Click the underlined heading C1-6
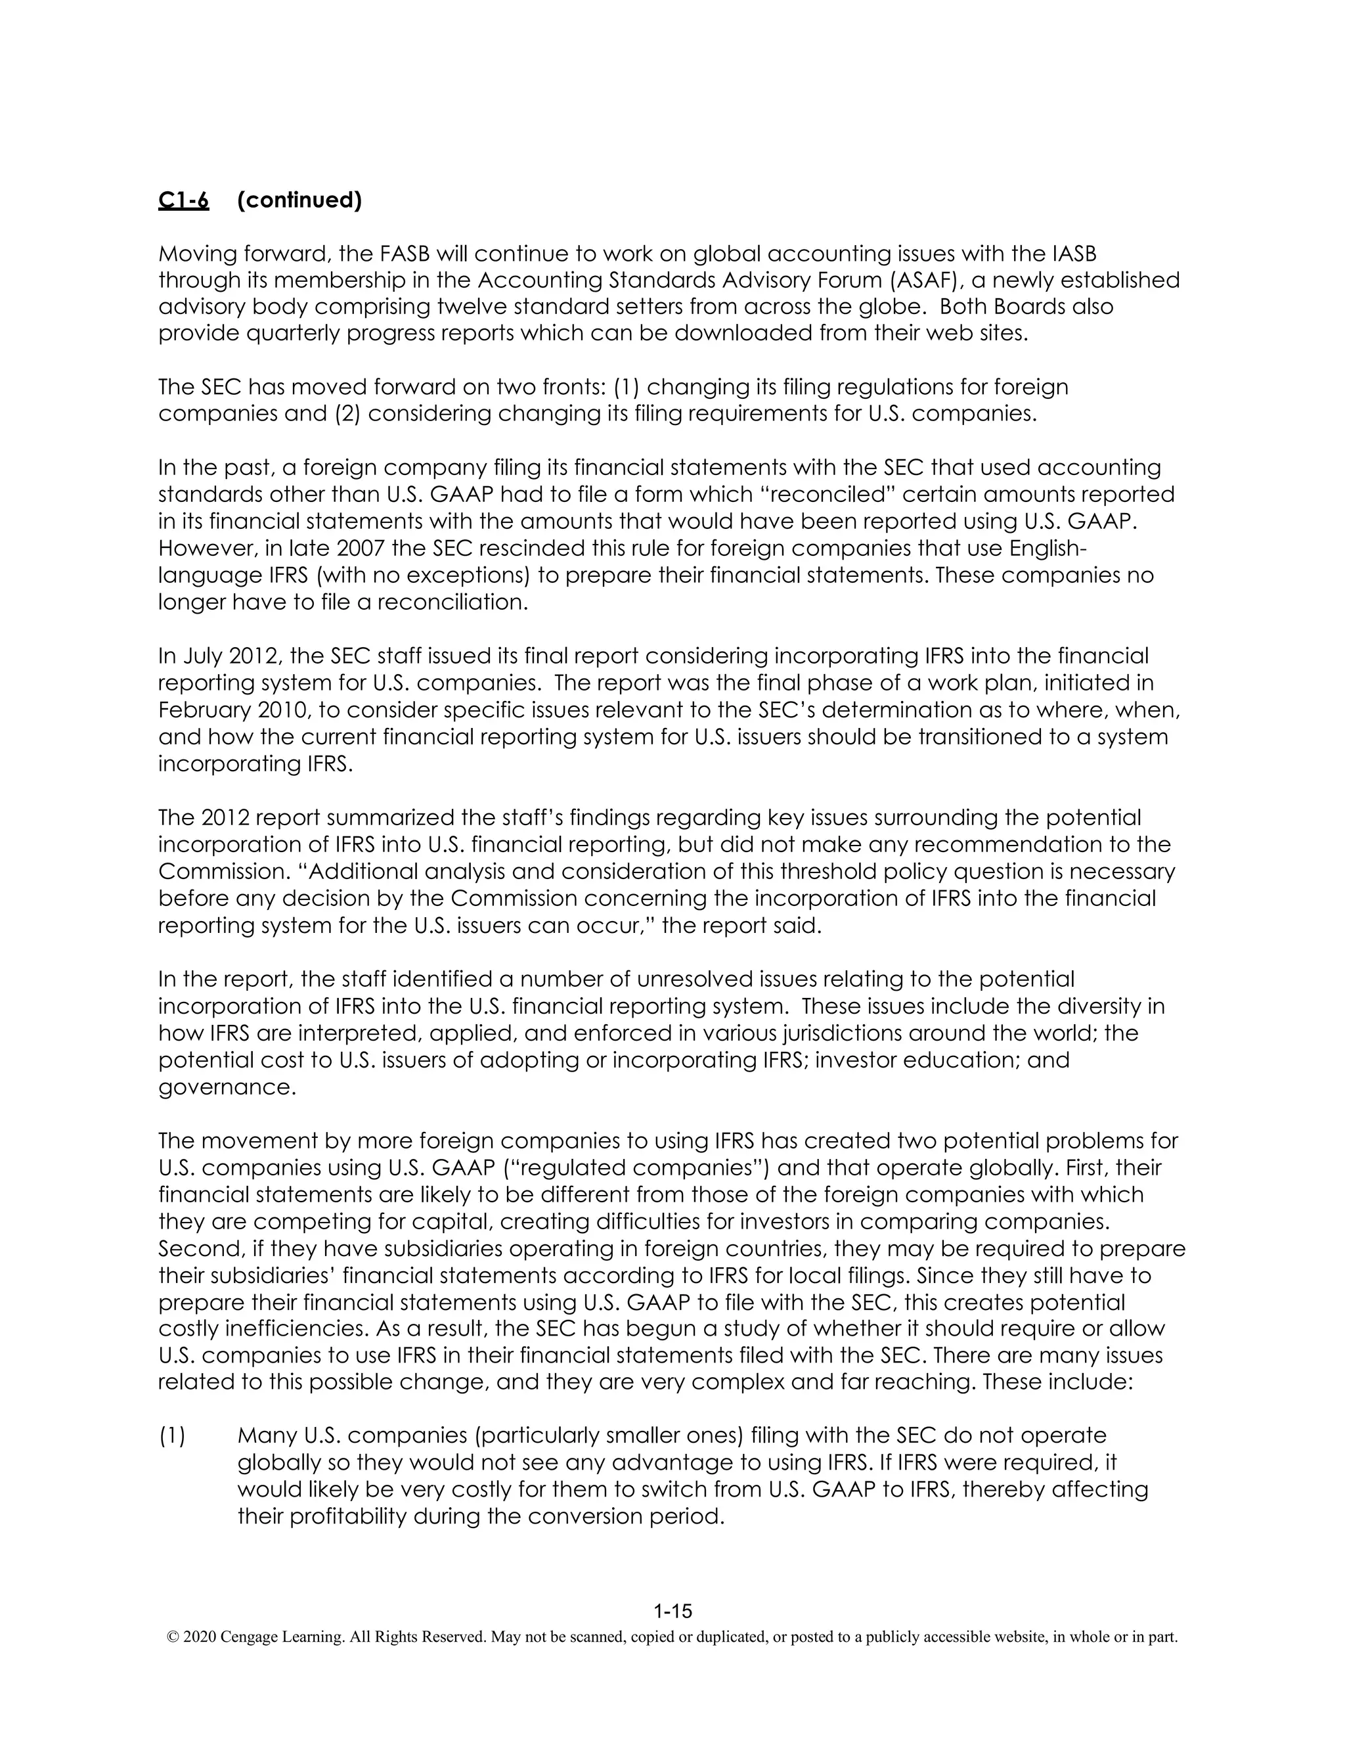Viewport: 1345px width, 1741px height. tap(183, 200)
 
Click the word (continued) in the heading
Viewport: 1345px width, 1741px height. tap(299, 200)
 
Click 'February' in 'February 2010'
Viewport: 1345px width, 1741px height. tap(203, 710)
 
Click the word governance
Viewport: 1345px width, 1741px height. tap(227, 1087)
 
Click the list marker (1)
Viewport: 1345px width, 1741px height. tap(172, 1436)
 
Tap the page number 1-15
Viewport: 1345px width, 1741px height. tap(672, 1612)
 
